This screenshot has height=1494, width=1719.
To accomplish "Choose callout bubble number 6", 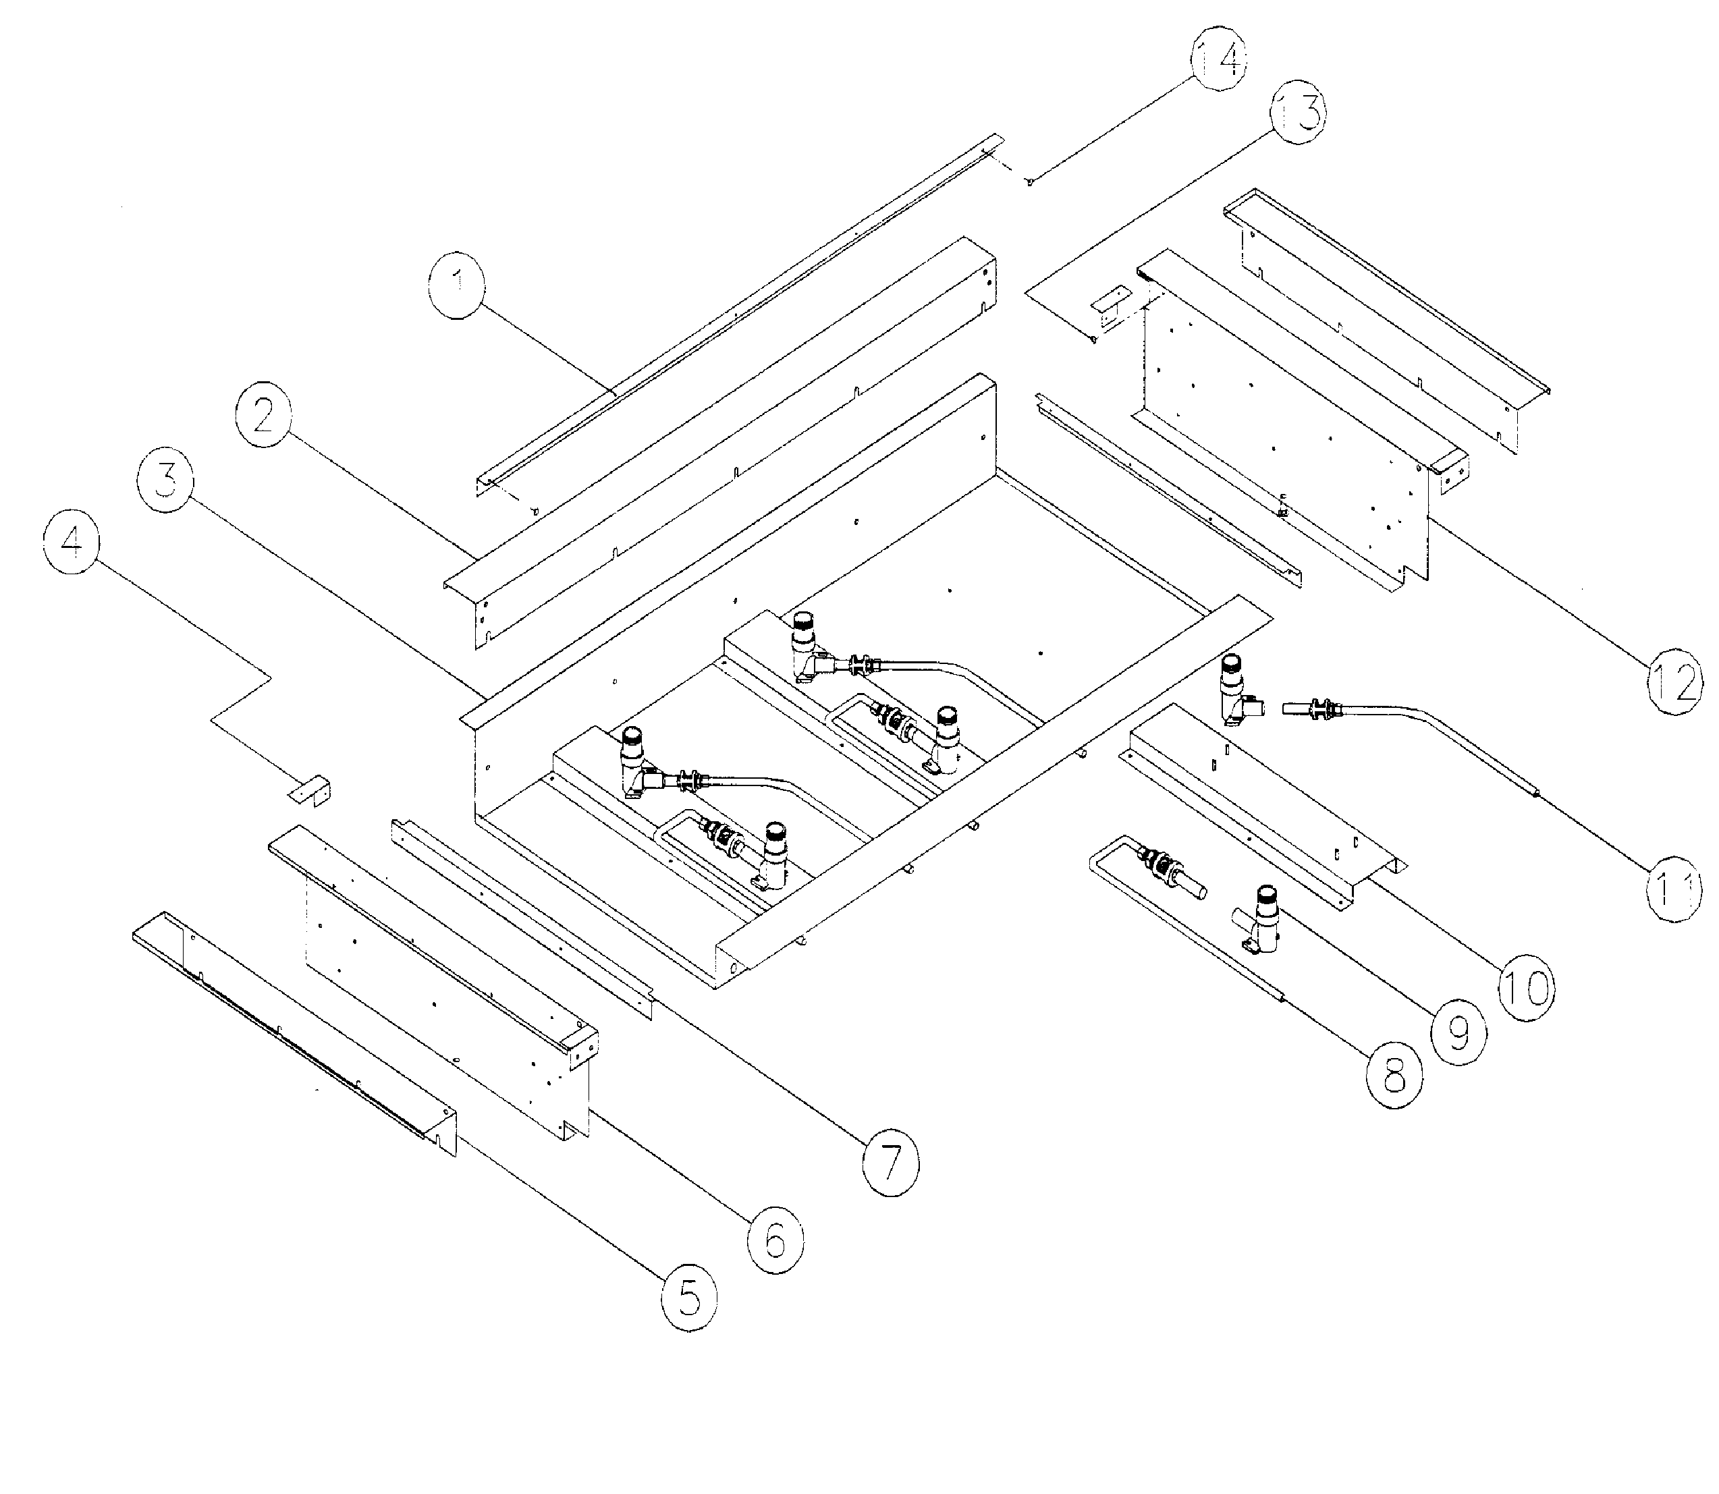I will click(x=775, y=1239).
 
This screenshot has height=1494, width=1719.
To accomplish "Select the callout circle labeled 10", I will click(x=1527, y=987).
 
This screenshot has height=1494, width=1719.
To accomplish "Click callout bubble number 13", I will click(x=1299, y=114).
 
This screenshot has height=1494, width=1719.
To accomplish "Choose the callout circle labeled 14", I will click(x=1219, y=58).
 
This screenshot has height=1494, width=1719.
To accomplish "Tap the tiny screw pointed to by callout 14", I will click(x=1031, y=181).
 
